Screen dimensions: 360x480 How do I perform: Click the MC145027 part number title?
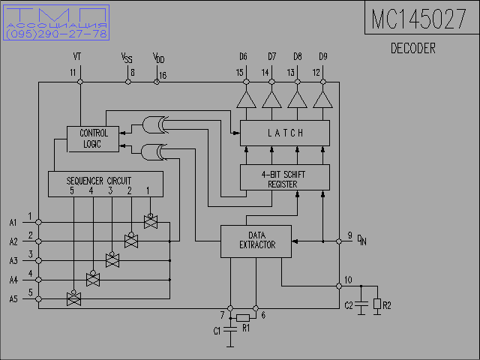tap(418, 19)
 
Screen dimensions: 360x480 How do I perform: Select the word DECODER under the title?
tap(413, 49)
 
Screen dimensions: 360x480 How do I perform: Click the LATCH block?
tap(285, 133)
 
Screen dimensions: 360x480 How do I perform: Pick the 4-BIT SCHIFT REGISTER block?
tap(284, 178)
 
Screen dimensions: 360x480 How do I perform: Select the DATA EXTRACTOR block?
tap(256, 240)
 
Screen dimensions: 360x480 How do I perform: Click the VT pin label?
tap(77, 56)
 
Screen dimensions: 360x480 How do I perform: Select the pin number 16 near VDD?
tap(163, 73)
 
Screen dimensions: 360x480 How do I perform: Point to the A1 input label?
tap(13, 222)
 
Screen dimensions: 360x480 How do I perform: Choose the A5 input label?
tap(13, 298)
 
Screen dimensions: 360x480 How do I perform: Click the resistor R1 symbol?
tap(243, 318)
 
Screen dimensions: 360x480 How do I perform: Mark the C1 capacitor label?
tap(217, 331)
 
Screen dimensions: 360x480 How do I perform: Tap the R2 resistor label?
tap(387, 305)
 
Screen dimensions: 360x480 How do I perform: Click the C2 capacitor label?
tap(349, 305)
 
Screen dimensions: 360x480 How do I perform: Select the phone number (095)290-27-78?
tap(57, 34)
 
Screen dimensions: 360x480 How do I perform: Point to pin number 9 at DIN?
tap(349, 237)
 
